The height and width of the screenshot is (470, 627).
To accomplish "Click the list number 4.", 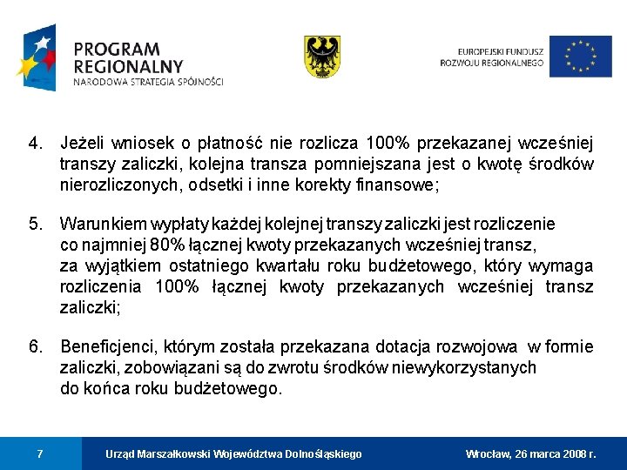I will coord(35,143).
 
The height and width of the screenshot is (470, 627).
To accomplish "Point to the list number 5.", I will coord(35,224).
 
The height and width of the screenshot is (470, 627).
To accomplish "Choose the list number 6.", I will coord(35,347).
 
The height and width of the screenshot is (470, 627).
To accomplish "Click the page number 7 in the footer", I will coord(40,453).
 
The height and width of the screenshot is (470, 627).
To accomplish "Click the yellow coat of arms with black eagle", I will coord(321,57).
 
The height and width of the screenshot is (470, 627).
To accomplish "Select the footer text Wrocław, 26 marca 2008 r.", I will coord(531,454).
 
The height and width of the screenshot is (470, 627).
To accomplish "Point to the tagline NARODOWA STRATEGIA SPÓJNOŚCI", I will coord(148,83).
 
